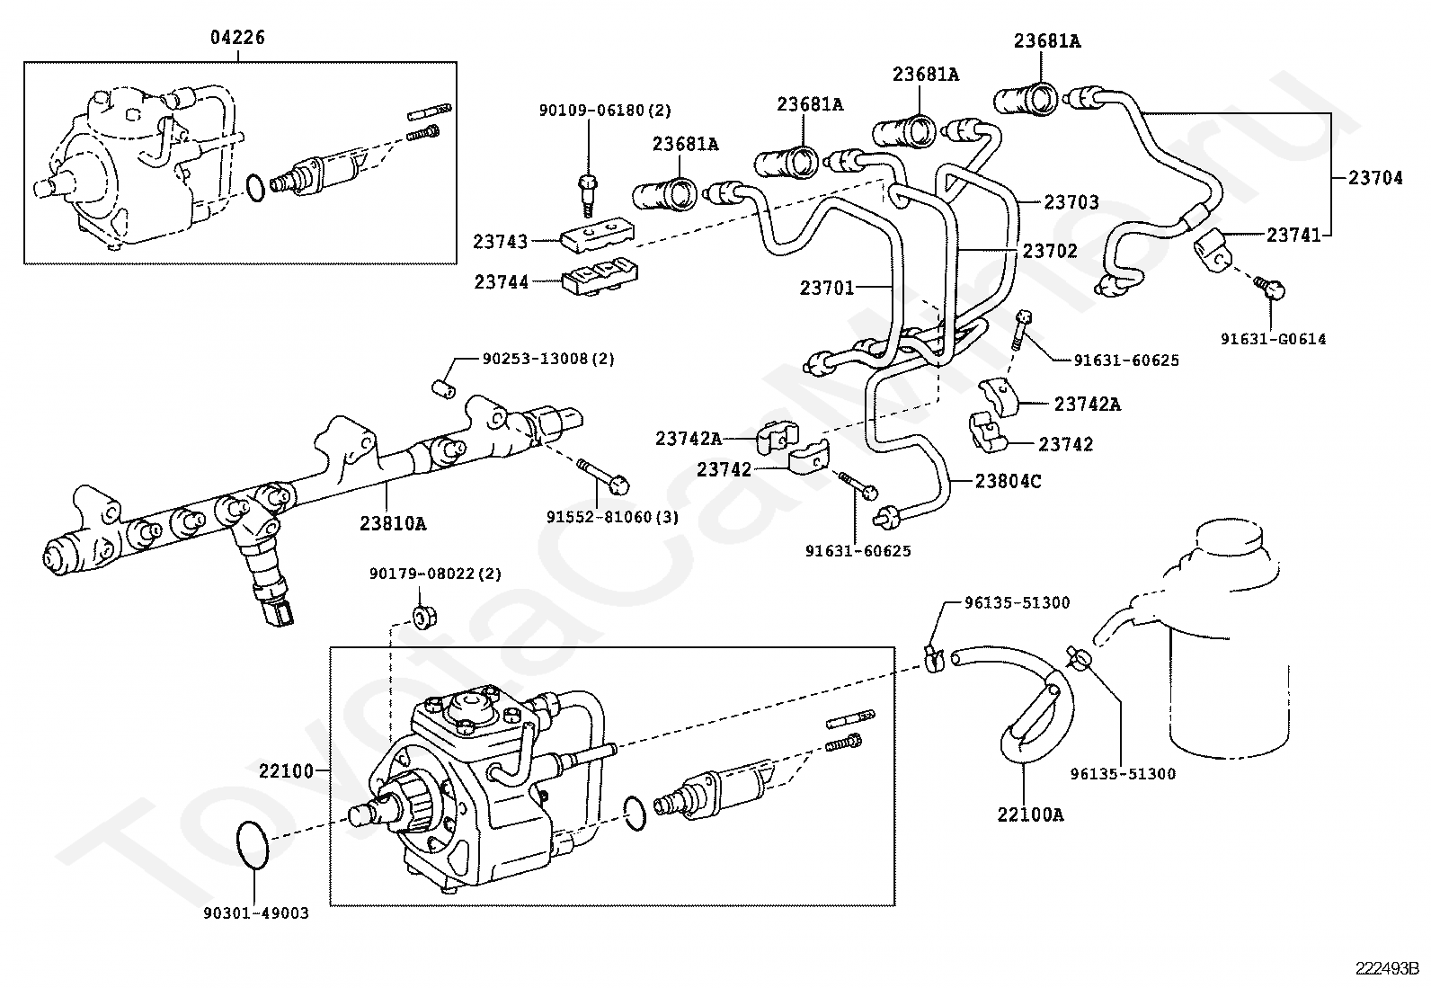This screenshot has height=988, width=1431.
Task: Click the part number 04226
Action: (x=237, y=38)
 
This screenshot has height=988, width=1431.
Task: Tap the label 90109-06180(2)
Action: (x=605, y=111)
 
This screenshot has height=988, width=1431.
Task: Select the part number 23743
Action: (x=501, y=241)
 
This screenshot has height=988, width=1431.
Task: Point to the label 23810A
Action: (x=393, y=522)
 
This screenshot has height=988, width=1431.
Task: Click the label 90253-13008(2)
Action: (x=548, y=358)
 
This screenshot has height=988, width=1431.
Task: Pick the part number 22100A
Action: (x=1029, y=814)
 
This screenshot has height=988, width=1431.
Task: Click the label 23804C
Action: (x=1008, y=481)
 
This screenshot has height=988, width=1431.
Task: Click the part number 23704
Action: (x=1374, y=178)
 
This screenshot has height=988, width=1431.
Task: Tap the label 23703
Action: (x=1071, y=202)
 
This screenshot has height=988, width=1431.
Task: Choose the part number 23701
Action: (x=827, y=287)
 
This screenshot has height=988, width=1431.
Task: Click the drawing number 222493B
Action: (x=1387, y=968)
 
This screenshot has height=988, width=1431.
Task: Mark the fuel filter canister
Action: (x=1227, y=647)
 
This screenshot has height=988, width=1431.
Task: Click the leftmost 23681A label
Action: (x=685, y=144)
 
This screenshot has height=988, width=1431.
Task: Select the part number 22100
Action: (x=286, y=770)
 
